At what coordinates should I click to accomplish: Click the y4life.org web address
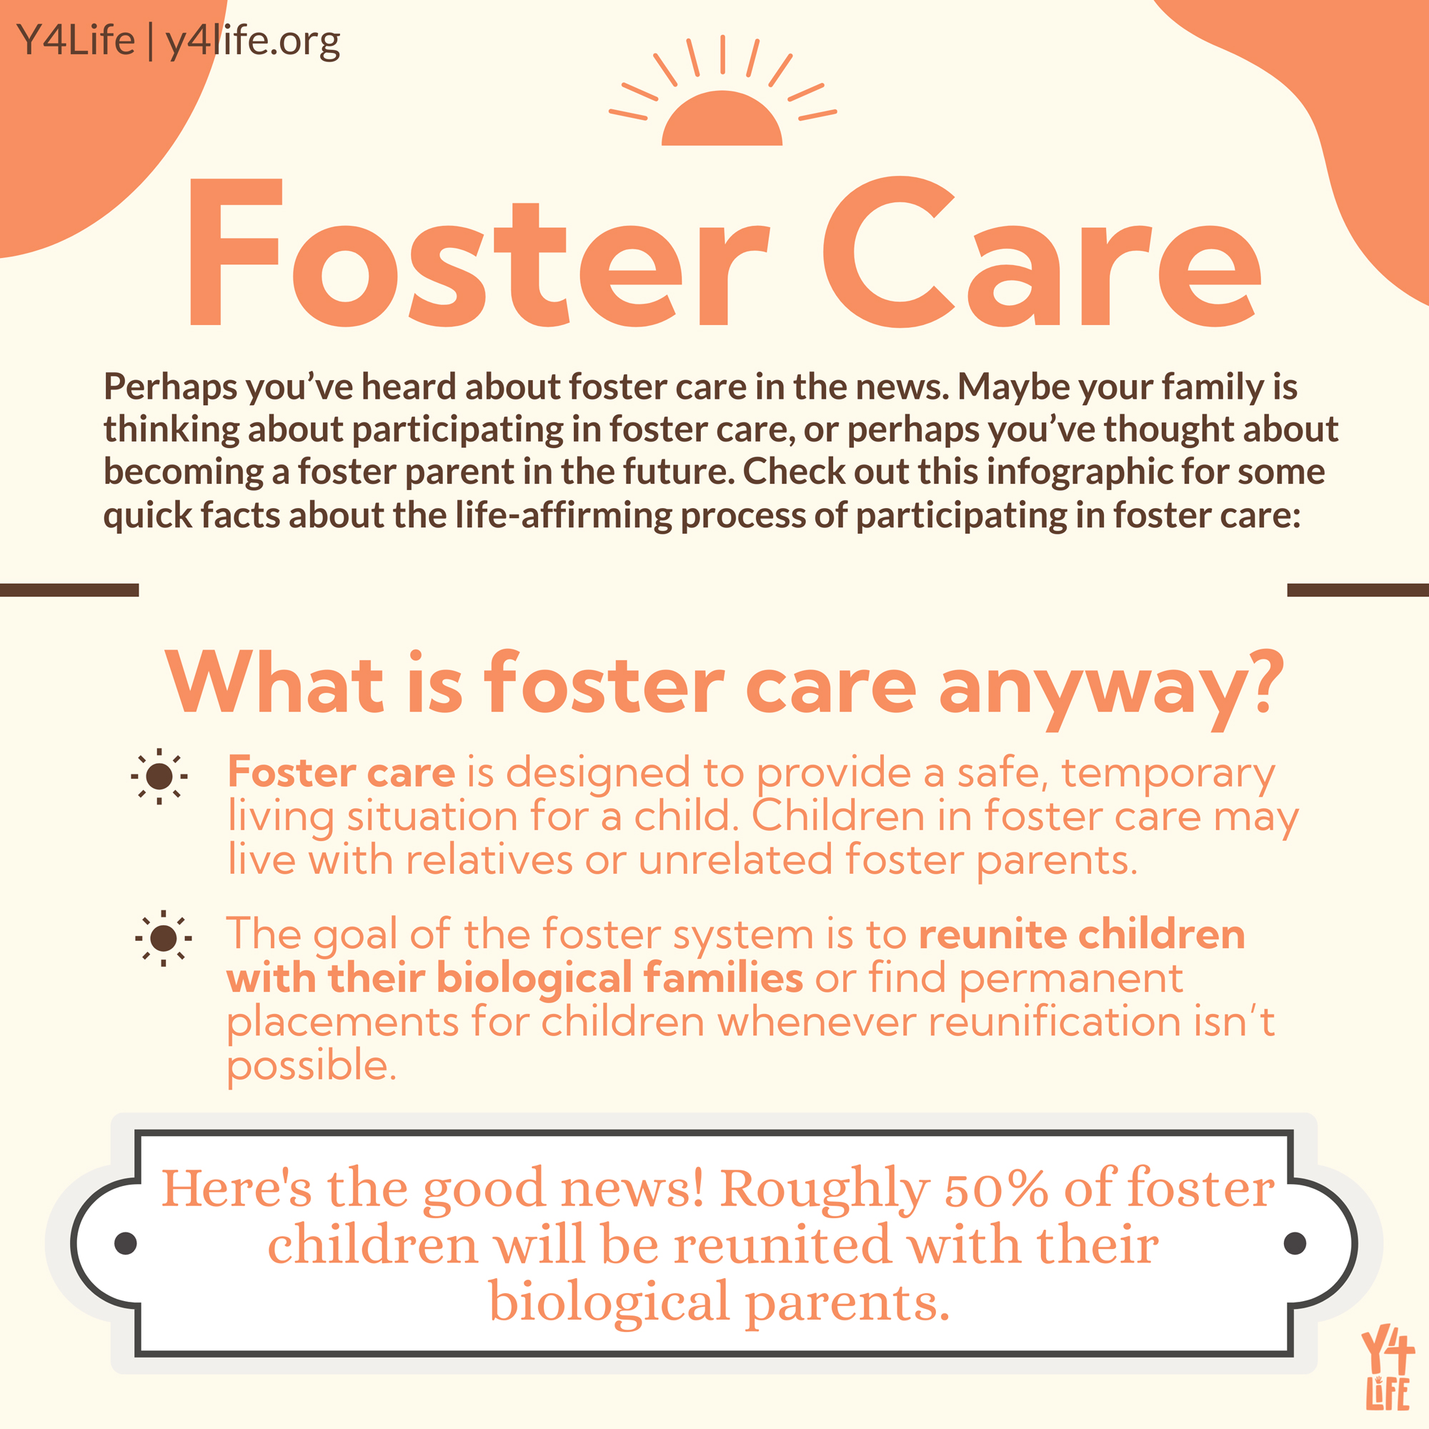pyautogui.click(x=252, y=41)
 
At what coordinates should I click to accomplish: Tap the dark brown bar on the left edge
pyautogui.click(x=69, y=589)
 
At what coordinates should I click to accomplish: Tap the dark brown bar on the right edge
pyautogui.click(x=1358, y=589)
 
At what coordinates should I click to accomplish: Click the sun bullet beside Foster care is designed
pyautogui.click(x=159, y=777)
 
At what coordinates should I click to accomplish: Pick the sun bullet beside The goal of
pyautogui.click(x=164, y=938)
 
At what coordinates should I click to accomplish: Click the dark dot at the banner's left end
pyautogui.click(x=126, y=1243)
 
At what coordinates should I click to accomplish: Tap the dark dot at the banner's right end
pyautogui.click(x=1295, y=1243)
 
